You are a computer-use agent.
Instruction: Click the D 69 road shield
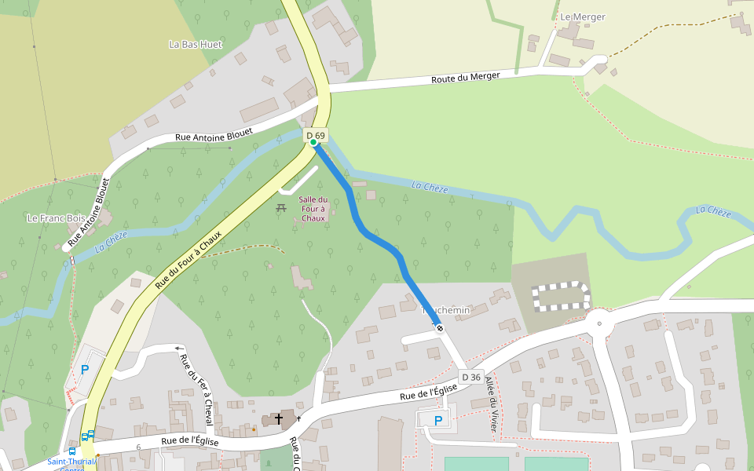[x=316, y=135]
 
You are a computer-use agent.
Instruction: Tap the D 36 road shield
[x=470, y=378]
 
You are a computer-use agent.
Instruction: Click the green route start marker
[x=313, y=142]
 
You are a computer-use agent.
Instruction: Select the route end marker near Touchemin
[x=440, y=328]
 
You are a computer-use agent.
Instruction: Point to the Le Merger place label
[x=582, y=16]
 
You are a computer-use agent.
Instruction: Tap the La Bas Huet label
[x=196, y=45]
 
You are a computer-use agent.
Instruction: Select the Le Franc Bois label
[x=56, y=218]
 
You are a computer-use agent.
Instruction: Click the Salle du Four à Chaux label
[x=313, y=209]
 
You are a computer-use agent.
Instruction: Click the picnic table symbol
[x=280, y=208]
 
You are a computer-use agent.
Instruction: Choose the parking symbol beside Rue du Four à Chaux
[x=85, y=369]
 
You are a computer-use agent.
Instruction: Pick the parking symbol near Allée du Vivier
[x=438, y=420]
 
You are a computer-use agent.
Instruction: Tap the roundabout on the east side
[x=599, y=321]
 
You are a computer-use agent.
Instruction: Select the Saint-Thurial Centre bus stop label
[x=71, y=463]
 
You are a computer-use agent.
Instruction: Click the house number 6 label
[x=138, y=447]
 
